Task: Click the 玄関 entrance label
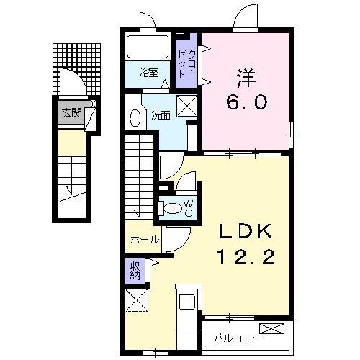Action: tap(71, 112)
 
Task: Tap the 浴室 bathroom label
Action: tap(150, 71)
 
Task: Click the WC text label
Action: tap(188, 208)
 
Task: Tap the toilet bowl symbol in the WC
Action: tap(173, 209)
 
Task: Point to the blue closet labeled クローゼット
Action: tap(185, 63)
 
